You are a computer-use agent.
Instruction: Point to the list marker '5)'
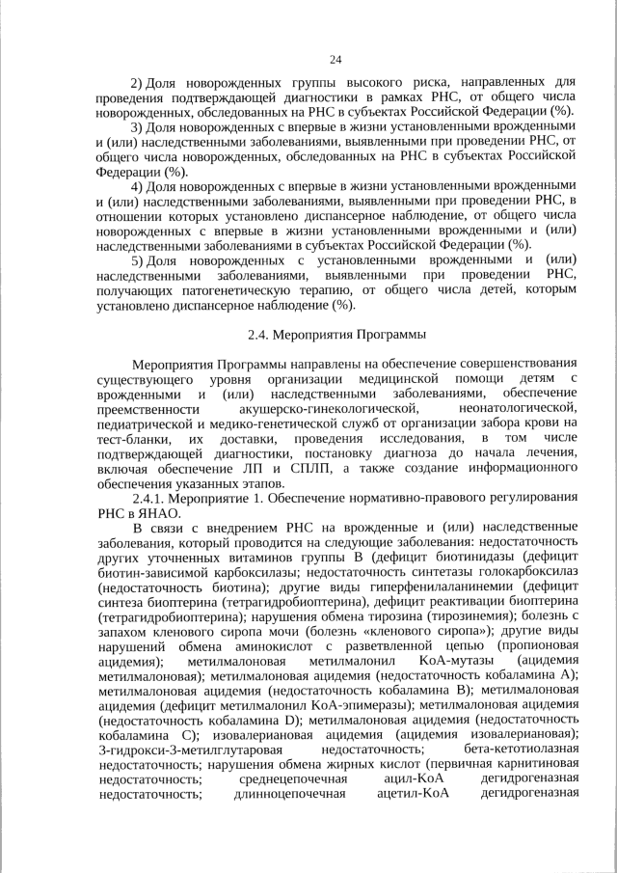(x=137, y=260)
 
